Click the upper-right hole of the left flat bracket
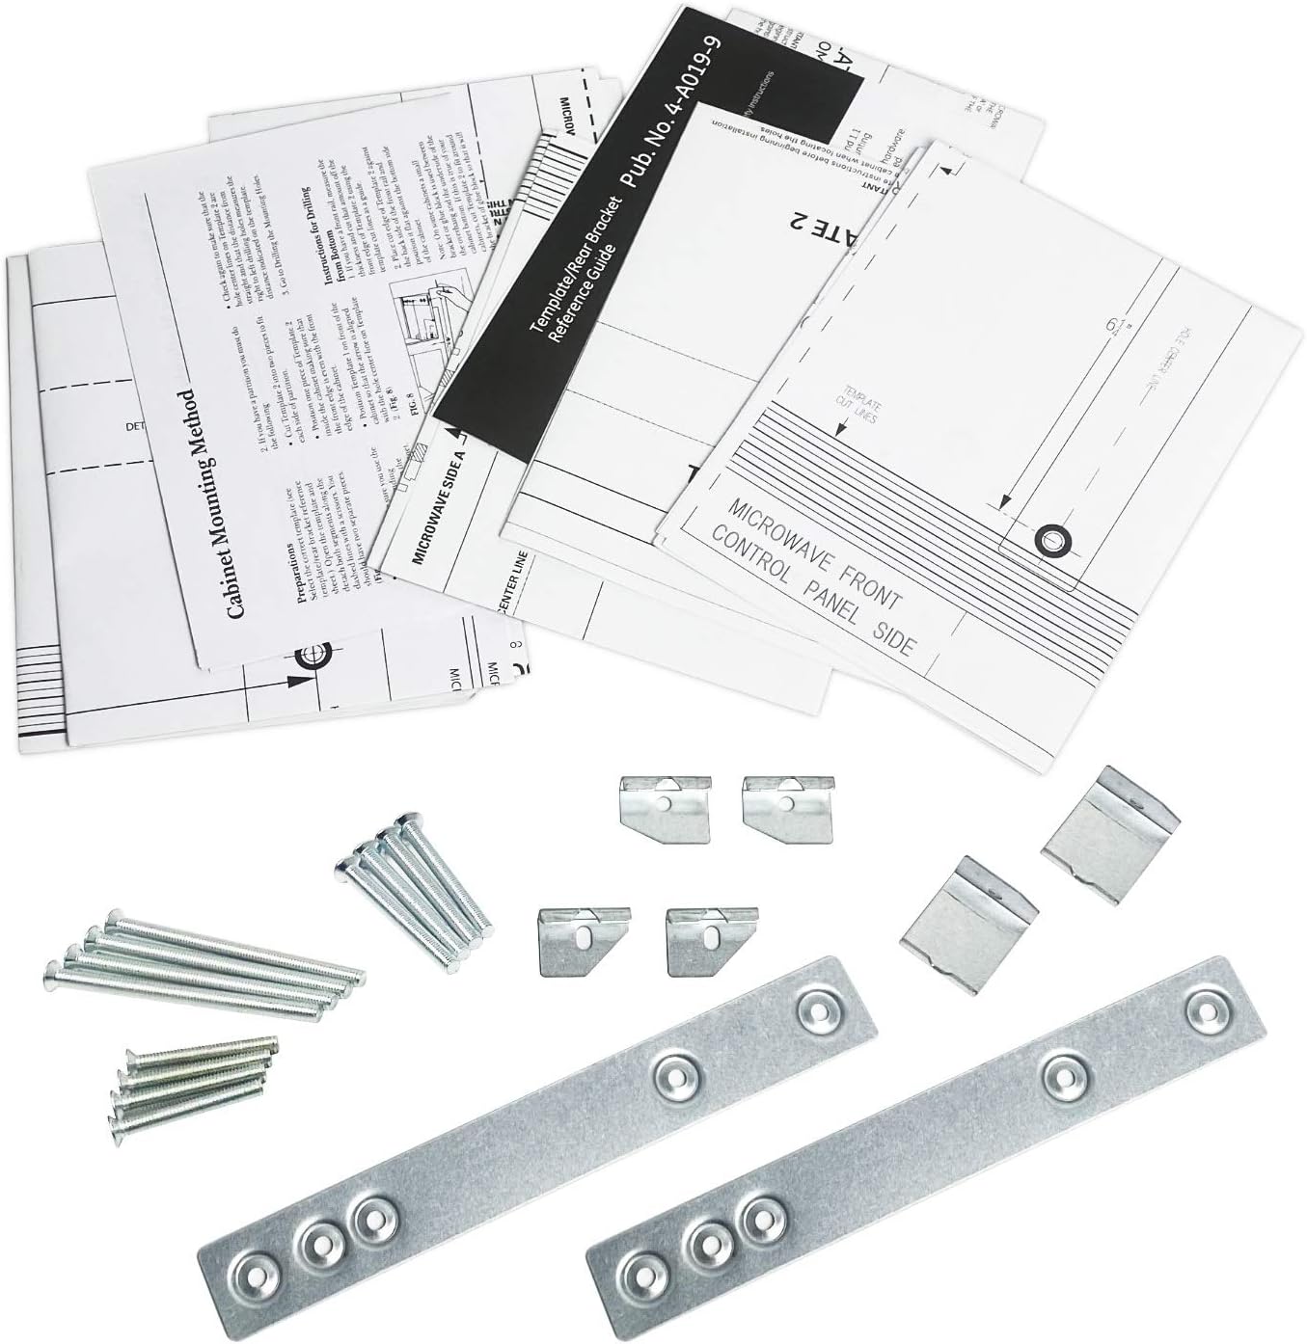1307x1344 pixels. (815, 1008)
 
